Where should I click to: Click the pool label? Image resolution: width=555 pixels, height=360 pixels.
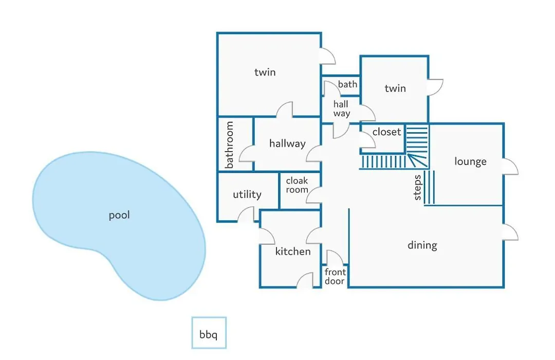119,215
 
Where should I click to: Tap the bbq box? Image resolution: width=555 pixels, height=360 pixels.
209,333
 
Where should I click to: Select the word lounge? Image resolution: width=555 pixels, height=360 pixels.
470,161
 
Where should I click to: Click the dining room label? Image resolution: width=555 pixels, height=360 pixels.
422,245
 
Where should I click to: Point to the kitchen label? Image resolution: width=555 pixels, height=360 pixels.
293,251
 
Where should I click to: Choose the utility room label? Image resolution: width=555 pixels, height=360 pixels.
247,194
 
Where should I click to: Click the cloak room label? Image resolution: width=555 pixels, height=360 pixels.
297,185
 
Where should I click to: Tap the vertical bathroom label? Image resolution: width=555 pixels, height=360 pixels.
229,145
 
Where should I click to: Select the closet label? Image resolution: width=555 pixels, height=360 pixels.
387,132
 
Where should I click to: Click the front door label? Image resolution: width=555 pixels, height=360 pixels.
335,276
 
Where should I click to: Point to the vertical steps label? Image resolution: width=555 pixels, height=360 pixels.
417,187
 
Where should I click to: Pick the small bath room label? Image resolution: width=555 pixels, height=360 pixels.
347,84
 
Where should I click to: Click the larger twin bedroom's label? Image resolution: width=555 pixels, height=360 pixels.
265,73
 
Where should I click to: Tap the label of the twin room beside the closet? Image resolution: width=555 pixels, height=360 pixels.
395,88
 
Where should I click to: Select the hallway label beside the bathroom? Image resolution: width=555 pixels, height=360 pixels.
287,143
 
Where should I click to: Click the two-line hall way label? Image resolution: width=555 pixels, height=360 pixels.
341,109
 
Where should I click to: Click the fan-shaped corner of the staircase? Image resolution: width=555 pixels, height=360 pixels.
417,160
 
